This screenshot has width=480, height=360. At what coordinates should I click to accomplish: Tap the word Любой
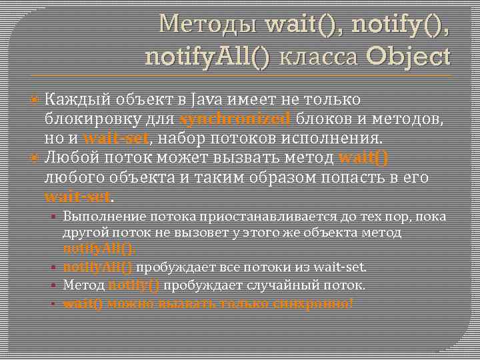(68, 159)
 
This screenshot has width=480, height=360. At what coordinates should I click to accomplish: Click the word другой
(81, 233)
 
